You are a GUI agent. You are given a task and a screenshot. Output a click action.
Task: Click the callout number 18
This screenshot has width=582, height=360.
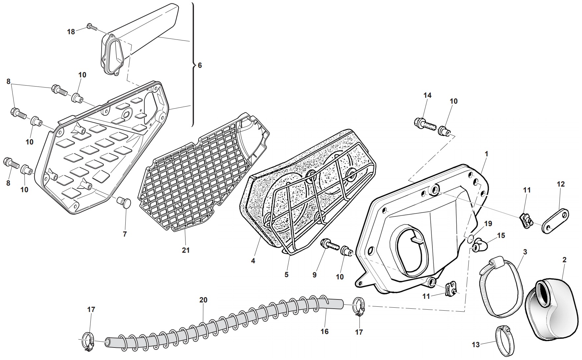[x=71, y=32]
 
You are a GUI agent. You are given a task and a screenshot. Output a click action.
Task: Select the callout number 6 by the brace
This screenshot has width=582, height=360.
[x=200, y=65]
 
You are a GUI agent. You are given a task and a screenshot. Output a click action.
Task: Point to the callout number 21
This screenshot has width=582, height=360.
[x=186, y=250]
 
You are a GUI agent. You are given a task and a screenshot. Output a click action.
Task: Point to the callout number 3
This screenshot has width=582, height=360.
[x=525, y=252]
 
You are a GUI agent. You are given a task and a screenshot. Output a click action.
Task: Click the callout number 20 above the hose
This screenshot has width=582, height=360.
[x=204, y=300]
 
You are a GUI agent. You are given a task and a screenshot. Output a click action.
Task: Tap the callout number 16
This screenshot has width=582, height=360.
[x=325, y=331]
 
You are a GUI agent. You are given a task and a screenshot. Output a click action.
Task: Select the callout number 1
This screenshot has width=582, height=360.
[x=486, y=154]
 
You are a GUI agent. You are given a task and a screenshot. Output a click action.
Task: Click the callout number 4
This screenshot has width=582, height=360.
[x=253, y=261]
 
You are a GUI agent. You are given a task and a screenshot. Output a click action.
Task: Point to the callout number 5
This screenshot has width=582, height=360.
[x=286, y=274]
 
